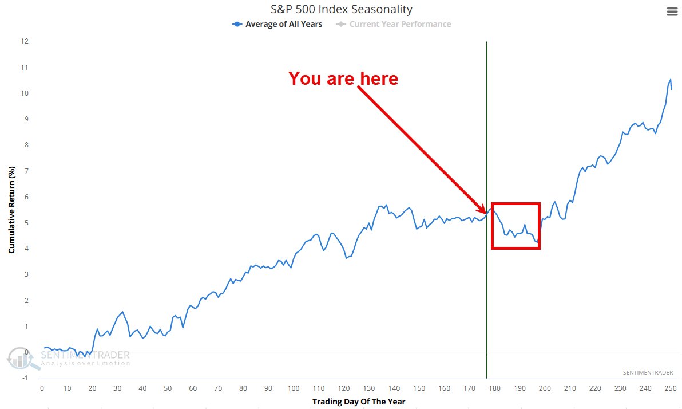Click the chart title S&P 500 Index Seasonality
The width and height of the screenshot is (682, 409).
tap(342, 9)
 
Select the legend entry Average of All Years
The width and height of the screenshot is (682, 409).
tap(277, 24)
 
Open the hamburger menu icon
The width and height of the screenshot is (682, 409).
tap(672, 12)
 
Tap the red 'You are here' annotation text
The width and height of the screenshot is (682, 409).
tap(343, 78)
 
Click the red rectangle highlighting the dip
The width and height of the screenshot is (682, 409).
tap(516, 204)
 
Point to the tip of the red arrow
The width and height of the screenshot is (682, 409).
tap(486, 213)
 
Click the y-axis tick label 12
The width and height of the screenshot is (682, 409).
tap(25, 41)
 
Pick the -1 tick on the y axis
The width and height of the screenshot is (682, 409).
tap(25, 379)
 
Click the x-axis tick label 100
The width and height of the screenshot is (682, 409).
tap(293, 388)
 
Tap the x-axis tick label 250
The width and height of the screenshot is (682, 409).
tap(670, 388)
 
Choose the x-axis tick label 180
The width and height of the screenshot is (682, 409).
tap(494, 388)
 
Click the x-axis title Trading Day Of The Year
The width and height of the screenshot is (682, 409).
tap(358, 402)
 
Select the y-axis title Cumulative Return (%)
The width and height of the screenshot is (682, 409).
tap(11, 210)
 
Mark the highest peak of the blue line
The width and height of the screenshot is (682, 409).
tap(670, 80)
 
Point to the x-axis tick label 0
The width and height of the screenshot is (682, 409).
tap(42, 388)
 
